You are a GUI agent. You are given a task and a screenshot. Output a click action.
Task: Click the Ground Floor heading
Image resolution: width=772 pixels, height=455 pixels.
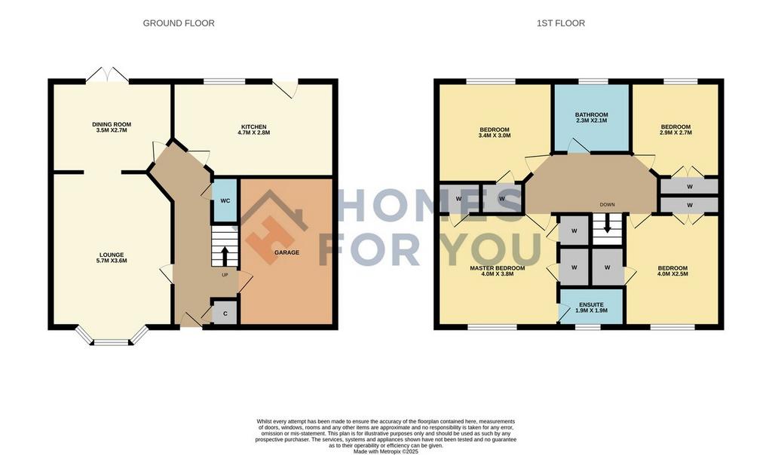click(x=179, y=23)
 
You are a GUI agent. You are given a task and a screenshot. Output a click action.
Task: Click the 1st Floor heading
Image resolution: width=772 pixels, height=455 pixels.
click(x=561, y=23)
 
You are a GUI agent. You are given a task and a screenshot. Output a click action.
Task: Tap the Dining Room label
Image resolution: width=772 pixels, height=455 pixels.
click(x=112, y=127)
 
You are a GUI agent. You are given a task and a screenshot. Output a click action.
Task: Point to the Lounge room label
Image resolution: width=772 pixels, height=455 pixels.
click(x=112, y=258)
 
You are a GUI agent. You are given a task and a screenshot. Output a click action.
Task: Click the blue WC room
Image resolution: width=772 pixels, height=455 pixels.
click(x=225, y=200)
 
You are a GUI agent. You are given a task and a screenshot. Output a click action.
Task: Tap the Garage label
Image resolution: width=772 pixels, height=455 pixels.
click(x=286, y=252)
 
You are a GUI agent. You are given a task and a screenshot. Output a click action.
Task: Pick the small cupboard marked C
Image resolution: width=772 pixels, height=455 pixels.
click(x=225, y=313)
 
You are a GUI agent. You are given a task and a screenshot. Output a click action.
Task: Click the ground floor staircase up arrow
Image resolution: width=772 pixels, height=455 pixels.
click(x=225, y=256)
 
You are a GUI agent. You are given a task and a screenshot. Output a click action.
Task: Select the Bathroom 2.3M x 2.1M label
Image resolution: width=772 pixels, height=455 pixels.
click(x=591, y=118)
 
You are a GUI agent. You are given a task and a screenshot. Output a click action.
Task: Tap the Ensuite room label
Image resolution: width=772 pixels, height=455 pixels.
click(x=591, y=307)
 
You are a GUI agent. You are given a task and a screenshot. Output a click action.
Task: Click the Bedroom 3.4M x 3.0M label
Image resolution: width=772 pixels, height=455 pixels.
click(x=495, y=133)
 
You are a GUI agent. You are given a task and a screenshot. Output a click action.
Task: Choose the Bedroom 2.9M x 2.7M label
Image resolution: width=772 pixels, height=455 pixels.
click(x=675, y=130)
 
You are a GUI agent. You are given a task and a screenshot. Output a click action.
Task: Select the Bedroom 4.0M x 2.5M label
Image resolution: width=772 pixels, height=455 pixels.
click(x=672, y=271)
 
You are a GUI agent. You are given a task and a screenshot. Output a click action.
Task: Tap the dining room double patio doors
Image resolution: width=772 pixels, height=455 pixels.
click(x=108, y=75)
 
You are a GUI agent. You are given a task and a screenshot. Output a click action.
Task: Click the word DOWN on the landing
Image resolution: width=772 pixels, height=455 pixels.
click(x=607, y=205)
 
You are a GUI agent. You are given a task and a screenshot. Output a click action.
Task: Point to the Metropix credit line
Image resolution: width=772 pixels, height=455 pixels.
click(x=386, y=451)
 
